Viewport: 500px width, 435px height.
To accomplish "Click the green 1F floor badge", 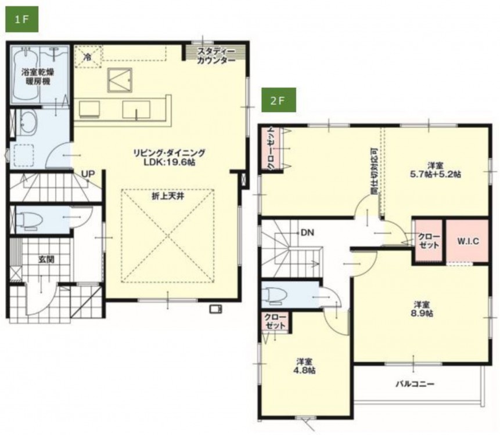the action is click(x=21, y=19).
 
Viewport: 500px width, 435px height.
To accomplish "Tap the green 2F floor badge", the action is click(x=278, y=100).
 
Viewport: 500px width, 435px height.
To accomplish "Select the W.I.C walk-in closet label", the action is click(x=468, y=241).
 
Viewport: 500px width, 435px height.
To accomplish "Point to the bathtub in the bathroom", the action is click(x=25, y=74).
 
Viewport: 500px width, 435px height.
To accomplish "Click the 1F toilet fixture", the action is click(x=29, y=220).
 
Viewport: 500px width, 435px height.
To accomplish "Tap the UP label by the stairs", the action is click(x=88, y=174).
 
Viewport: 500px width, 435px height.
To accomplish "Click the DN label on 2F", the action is click(x=307, y=233).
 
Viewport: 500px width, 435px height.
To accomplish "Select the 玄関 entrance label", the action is click(x=46, y=259).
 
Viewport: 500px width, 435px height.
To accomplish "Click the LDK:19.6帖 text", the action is click(x=170, y=162).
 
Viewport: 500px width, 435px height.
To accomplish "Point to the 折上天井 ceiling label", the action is click(x=168, y=197).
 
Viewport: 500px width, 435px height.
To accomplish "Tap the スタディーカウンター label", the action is click(x=216, y=56).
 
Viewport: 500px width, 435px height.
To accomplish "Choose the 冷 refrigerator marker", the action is click(x=87, y=57).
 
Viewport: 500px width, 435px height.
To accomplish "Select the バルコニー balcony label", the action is click(x=415, y=384).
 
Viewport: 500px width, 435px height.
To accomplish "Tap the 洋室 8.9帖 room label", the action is click(x=422, y=309).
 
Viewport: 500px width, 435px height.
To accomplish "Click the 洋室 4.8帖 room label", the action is click(x=304, y=366).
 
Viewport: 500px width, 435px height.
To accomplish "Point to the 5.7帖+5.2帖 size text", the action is click(x=435, y=174).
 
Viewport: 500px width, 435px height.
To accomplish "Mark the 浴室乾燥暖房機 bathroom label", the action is click(x=38, y=77).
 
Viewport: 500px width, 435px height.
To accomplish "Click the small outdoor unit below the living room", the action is click(x=216, y=309).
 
